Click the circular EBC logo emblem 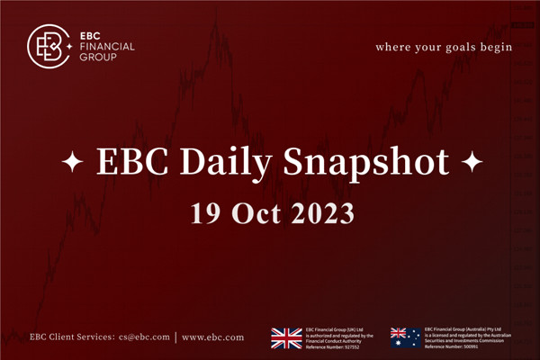49,45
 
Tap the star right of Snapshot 471,164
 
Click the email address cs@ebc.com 144,337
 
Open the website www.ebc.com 212,337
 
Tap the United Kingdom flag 287,337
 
